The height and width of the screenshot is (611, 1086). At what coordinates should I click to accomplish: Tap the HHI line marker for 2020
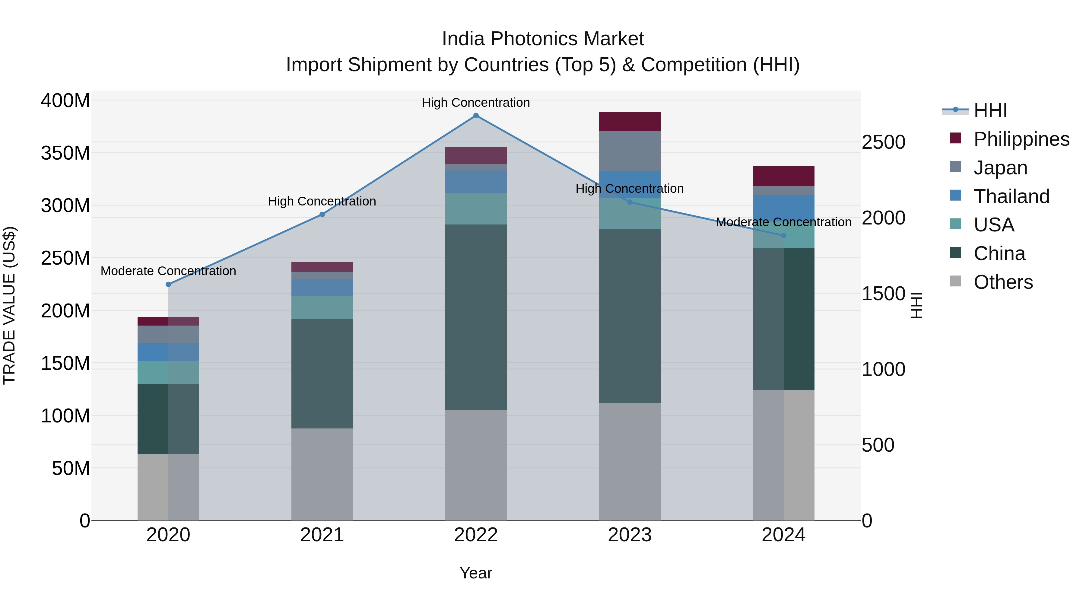point(168,285)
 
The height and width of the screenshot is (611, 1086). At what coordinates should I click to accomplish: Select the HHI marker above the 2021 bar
point(322,215)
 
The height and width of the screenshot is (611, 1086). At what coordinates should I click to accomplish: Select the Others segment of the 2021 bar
point(322,474)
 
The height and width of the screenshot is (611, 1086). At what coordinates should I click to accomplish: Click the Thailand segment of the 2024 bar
point(783,205)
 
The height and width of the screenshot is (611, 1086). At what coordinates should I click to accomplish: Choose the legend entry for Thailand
point(1011,196)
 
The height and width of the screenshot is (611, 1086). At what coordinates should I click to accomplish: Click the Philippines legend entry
point(1021,139)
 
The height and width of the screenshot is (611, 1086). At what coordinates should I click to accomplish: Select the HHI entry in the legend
point(990,110)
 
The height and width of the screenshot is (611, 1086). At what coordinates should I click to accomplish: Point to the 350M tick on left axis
point(65,153)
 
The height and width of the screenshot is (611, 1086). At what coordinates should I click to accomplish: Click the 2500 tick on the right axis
point(883,142)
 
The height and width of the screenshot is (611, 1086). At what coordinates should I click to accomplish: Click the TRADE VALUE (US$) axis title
point(9,305)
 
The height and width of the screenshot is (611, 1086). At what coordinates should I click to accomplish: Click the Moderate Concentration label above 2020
point(168,271)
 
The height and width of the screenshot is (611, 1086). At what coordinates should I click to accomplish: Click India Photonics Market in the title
point(543,39)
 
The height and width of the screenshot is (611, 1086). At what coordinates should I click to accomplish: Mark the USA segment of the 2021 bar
point(322,307)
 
